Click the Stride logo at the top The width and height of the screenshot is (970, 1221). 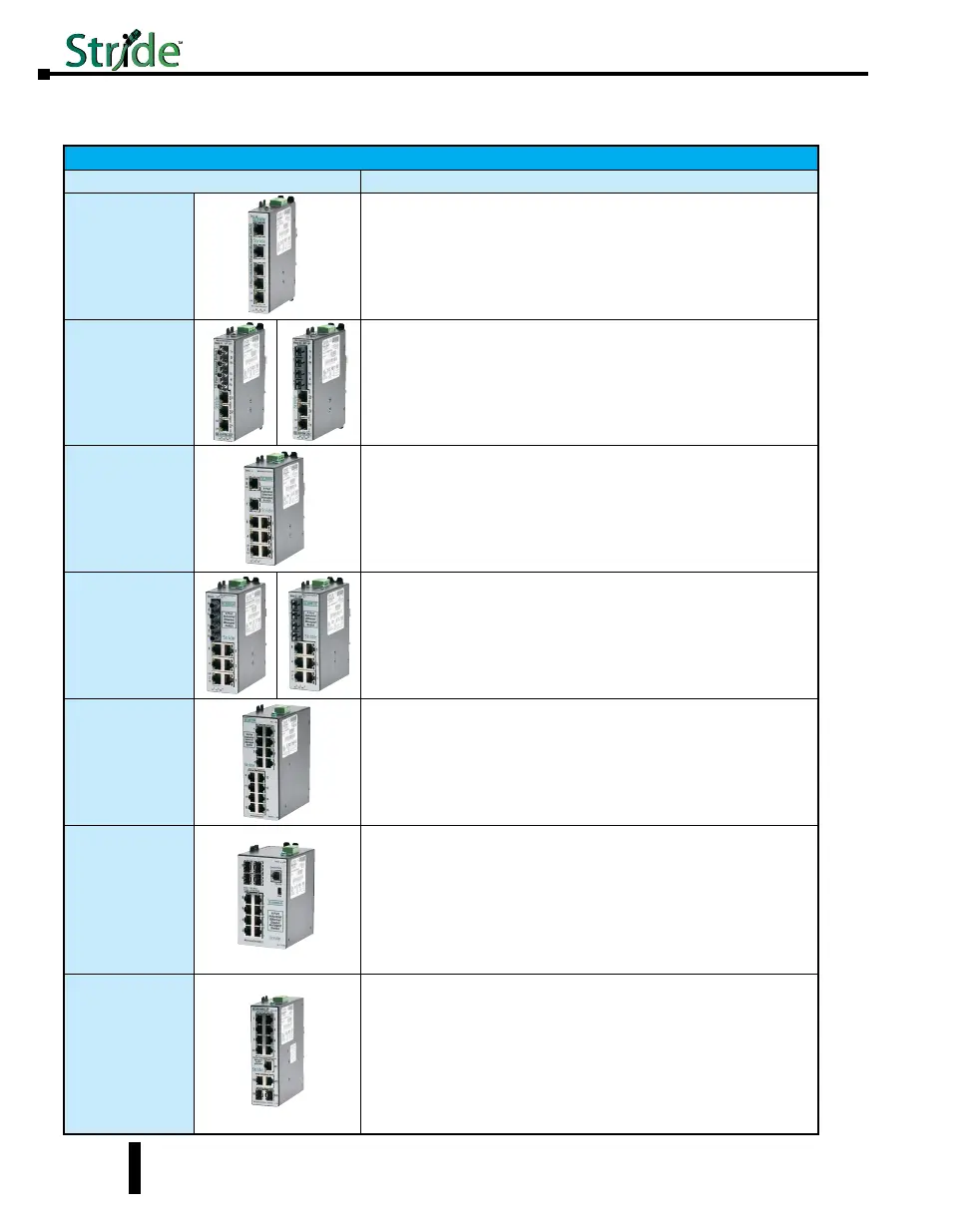[x=123, y=49]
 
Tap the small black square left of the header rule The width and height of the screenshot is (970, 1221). [x=44, y=75]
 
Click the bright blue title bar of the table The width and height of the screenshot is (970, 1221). [x=440, y=158]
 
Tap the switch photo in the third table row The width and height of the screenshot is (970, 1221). [x=276, y=509]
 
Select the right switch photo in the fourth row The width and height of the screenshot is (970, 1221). [x=318, y=634]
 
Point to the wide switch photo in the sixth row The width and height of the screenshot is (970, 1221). [x=276, y=899]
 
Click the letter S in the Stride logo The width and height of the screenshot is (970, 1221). [x=80, y=51]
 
